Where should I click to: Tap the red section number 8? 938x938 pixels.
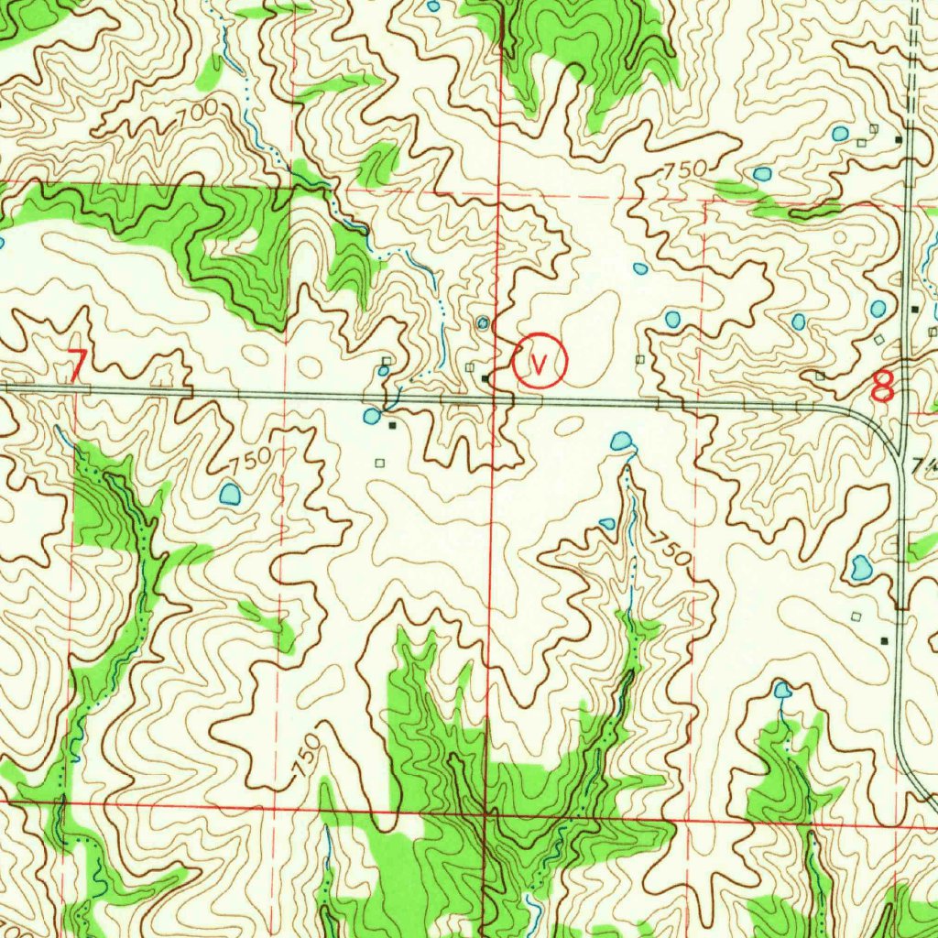(x=882, y=386)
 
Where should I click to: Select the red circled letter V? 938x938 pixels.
(x=540, y=361)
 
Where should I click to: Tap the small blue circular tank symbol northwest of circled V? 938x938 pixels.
(x=483, y=322)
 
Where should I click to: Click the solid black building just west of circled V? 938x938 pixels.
(x=485, y=376)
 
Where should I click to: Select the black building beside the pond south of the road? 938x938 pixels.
(x=393, y=425)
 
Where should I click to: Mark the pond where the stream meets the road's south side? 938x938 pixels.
(x=372, y=416)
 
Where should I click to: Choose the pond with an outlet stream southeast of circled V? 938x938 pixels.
(x=622, y=442)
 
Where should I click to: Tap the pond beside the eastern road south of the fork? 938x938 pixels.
(x=861, y=568)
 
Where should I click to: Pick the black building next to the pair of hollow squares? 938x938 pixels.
(x=899, y=139)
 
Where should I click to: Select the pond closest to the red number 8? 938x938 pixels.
(x=878, y=309)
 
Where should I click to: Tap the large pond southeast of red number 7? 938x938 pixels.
(x=229, y=495)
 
